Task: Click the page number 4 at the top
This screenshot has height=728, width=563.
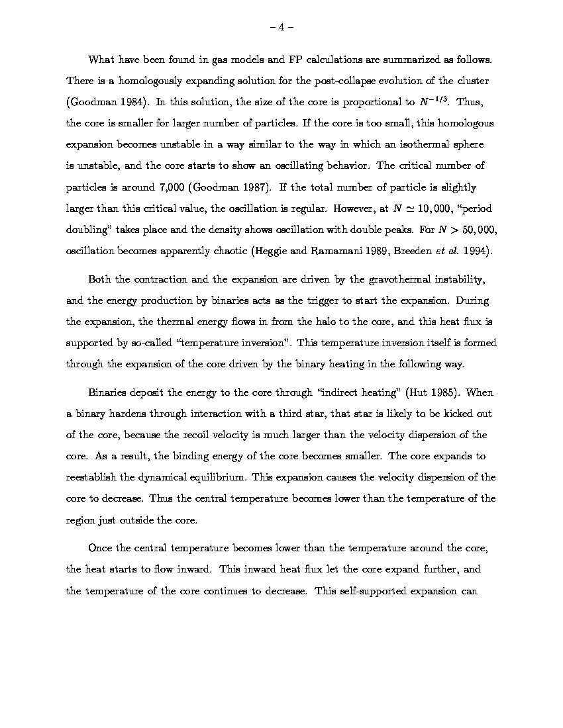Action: click(x=281, y=27)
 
